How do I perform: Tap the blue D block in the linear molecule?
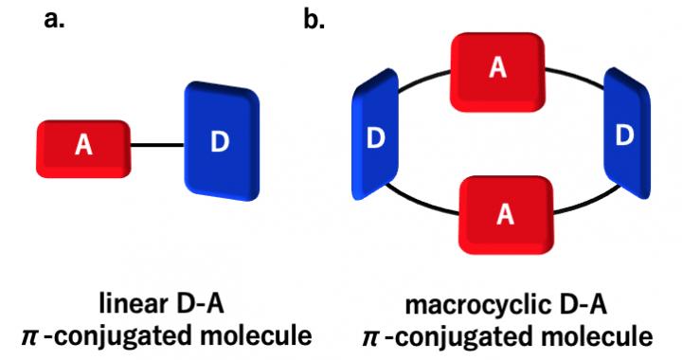coord(221,142)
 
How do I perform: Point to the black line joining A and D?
coord(156,146)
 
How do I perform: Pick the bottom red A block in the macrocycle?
coord(504,213)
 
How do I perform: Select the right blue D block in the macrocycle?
coord(624,135)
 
